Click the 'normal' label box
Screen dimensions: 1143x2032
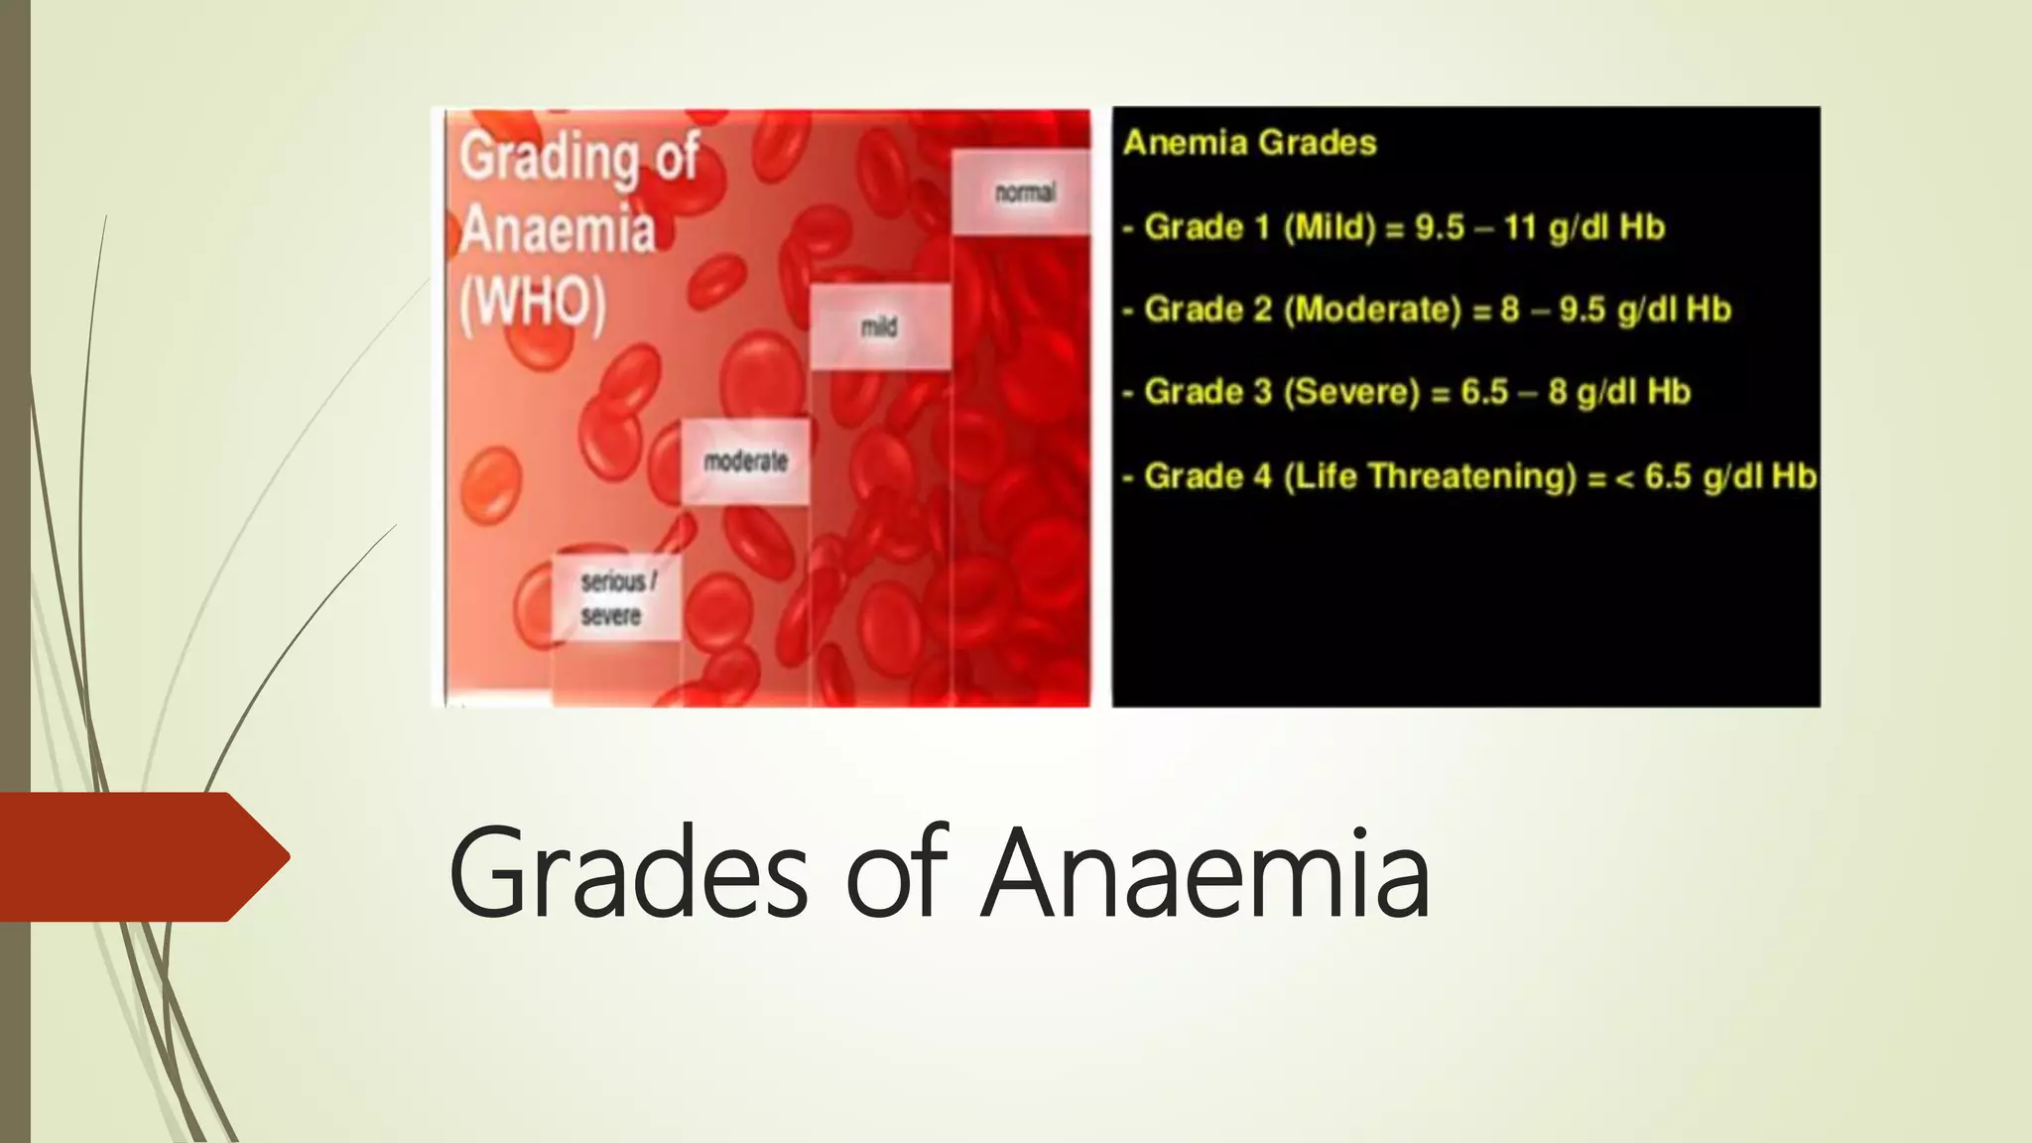click(x=1023, y=192)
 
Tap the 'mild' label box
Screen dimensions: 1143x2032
click(x=879, y=326)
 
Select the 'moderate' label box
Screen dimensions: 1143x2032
click(x=745, y=461)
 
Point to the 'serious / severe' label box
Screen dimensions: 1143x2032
click(x=616, y=597)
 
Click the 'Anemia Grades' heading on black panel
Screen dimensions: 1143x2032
click(x=1249, y=143)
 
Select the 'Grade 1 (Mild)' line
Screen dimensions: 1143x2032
click(x=1393, y=227)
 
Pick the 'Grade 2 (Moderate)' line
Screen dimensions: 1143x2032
click(x=1427, y=310)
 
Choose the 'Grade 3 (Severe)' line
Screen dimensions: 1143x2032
click(x=1406, y=392)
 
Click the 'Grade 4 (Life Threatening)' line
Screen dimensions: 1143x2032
click(x=1468, y=476)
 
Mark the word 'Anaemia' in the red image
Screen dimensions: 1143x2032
click(x=558, y=229)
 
